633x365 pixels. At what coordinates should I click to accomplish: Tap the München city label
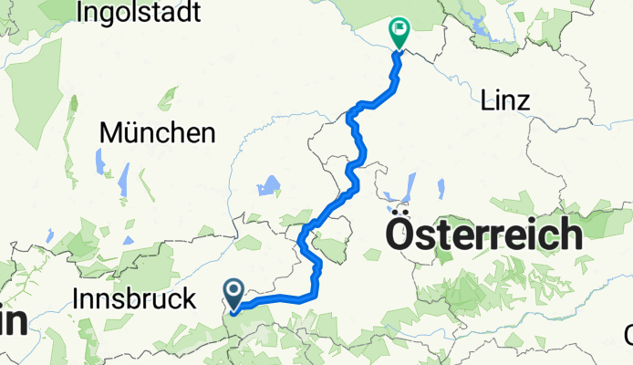[157, 133]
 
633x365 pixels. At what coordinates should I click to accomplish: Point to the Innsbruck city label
[133, 298]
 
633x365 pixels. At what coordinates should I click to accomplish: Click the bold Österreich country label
[483, 235]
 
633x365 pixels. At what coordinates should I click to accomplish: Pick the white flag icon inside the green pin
[399, 29]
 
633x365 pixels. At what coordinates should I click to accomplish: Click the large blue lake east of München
[267, 188]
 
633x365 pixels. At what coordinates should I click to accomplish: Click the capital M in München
[110, 133]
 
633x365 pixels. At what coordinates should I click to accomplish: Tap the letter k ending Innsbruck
[190, 298]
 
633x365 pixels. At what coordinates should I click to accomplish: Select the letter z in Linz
[523, 100]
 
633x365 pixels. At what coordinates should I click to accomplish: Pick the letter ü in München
[130, 133]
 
